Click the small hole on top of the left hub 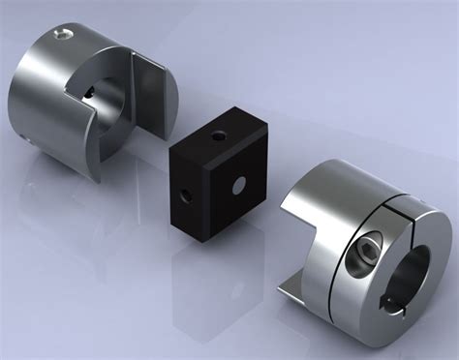pos(63,36)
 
